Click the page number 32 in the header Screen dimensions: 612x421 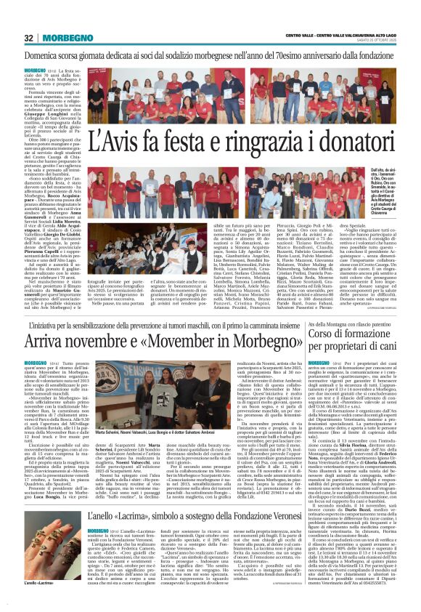29,38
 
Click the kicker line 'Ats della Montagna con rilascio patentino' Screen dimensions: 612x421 348,323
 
